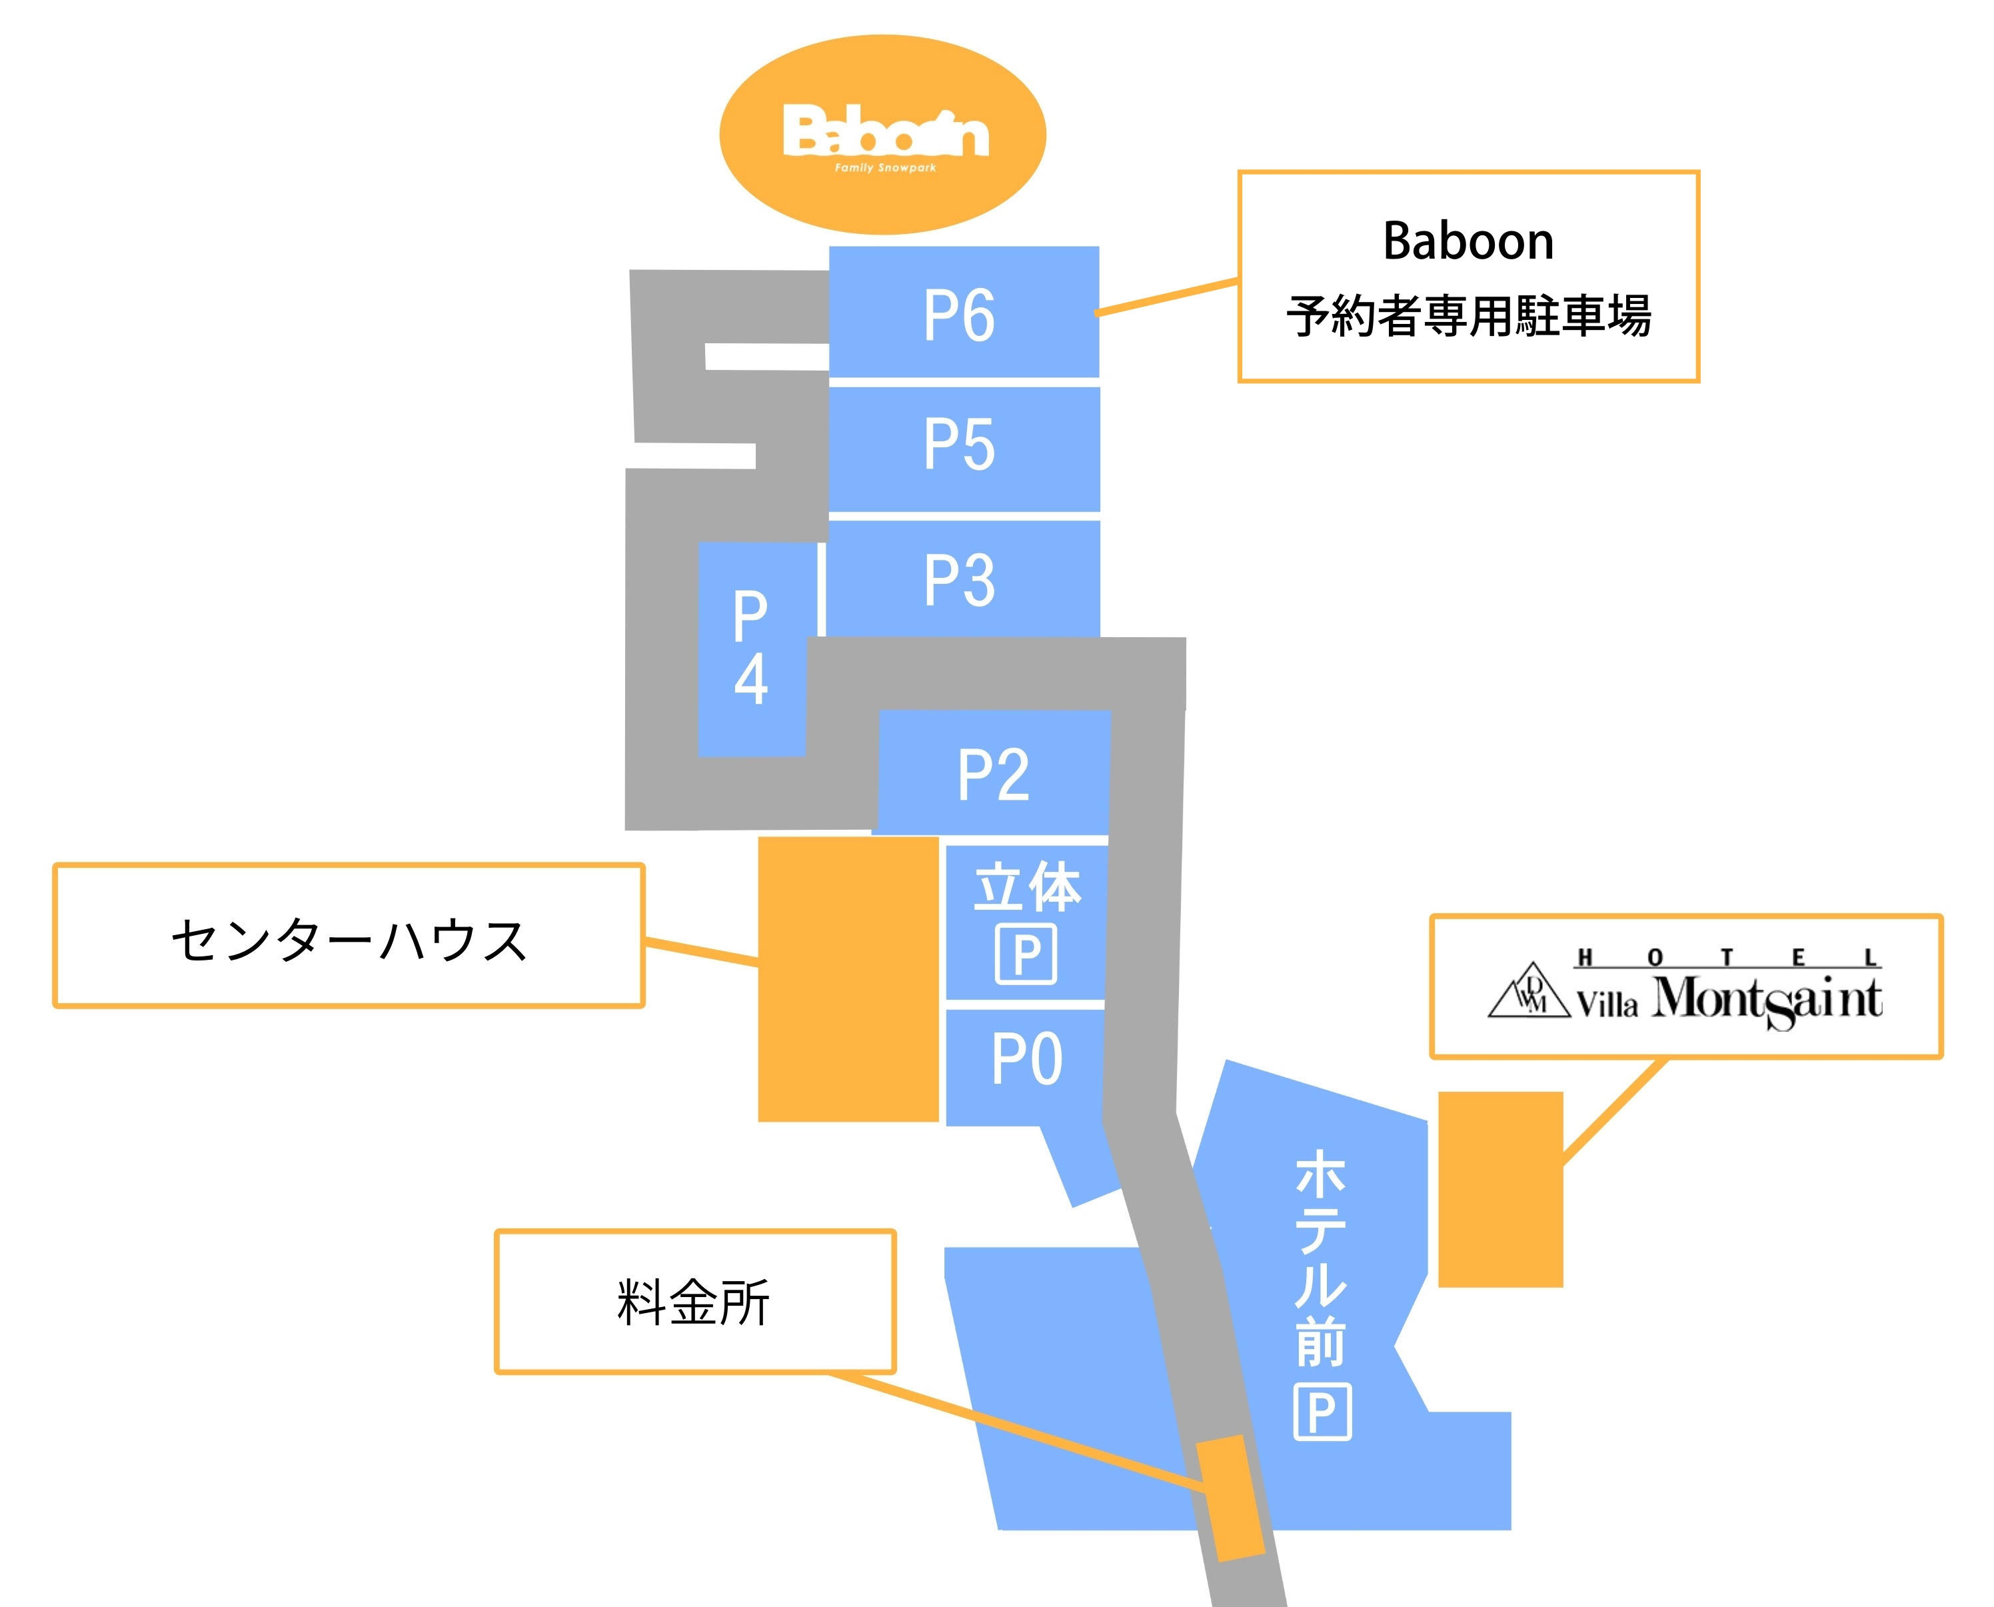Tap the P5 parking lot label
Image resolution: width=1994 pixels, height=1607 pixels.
click(959, 445)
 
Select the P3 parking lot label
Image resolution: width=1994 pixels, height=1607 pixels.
click(960, 581)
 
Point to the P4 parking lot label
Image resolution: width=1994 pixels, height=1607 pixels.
click(751, 647)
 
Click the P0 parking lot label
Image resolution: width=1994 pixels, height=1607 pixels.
click(1026, 1059)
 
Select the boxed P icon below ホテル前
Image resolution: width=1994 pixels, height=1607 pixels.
click(1322, 1412)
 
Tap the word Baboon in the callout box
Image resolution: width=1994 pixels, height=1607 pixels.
click(1468, 241)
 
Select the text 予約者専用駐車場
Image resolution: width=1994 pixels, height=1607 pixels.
click(1468, 317)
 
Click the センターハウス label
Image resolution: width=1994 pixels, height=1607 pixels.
click(349, 940)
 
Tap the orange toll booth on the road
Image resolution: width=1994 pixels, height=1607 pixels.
click(1230, 1498)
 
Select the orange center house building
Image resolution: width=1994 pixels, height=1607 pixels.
click(848, 979)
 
